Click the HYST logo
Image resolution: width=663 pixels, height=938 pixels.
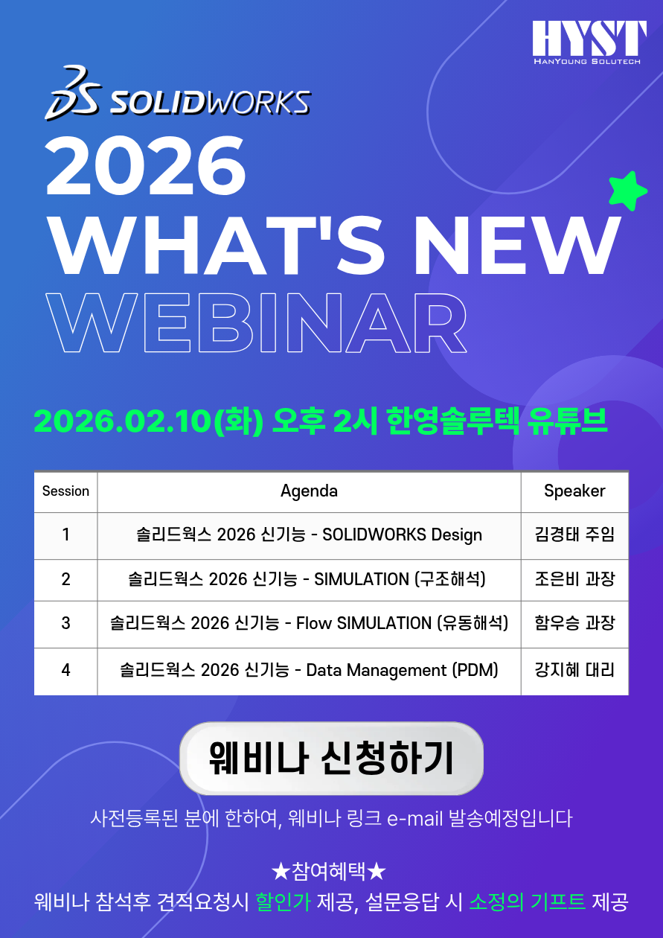tap(589, 42)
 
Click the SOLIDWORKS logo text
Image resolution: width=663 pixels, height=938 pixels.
tap(210, 103)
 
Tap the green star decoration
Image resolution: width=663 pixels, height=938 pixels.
tap(627, 191)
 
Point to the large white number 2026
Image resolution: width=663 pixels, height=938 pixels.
tap(145, 166)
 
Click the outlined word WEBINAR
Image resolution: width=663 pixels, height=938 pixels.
tap(256, 322)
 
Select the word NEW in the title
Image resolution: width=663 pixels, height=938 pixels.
tap(517, 246)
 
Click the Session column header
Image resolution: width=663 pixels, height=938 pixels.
tap(65, 491)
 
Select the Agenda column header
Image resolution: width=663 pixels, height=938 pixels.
tap(309, 491)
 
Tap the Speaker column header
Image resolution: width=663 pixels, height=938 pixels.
tap(574, 491)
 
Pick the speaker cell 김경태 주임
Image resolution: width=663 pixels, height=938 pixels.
tap(574, 535)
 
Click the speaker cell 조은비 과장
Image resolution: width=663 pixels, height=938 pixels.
tap(574, 579)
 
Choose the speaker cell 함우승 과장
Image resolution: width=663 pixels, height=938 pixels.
tap(574, 622)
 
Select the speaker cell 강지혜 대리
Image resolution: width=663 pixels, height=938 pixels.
tap(574, 669)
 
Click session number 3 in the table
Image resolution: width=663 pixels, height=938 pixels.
tap(65, 623)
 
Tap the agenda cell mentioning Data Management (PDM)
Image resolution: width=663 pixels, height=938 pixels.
tap(309, 670)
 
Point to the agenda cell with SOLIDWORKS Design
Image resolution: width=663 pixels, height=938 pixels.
tap(309, 535)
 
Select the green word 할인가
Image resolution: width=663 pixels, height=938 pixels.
tap(283, 902)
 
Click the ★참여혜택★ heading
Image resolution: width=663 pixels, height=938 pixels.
tap(329, 872)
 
